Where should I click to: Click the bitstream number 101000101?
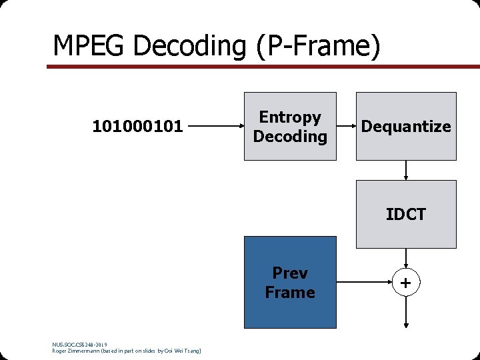[x=137, y=125]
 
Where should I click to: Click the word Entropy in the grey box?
[x=290, y=117]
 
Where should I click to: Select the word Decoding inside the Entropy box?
[x=290, y=137]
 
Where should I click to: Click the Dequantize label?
[x=406, y=127]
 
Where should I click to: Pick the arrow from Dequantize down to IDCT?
[x=406, y=171]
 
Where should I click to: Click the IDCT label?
[x=406, y=214]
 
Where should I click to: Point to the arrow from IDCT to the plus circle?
[x=406, y=259]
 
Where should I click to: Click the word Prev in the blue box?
[x=290, y=273]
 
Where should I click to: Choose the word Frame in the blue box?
[x=290, y=292]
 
